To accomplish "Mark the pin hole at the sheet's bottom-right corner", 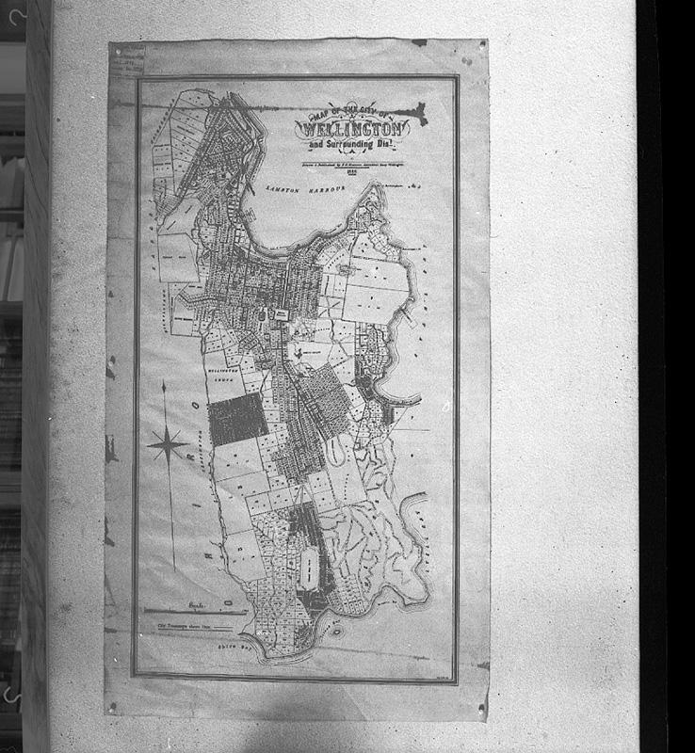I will tap(482, 706).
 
